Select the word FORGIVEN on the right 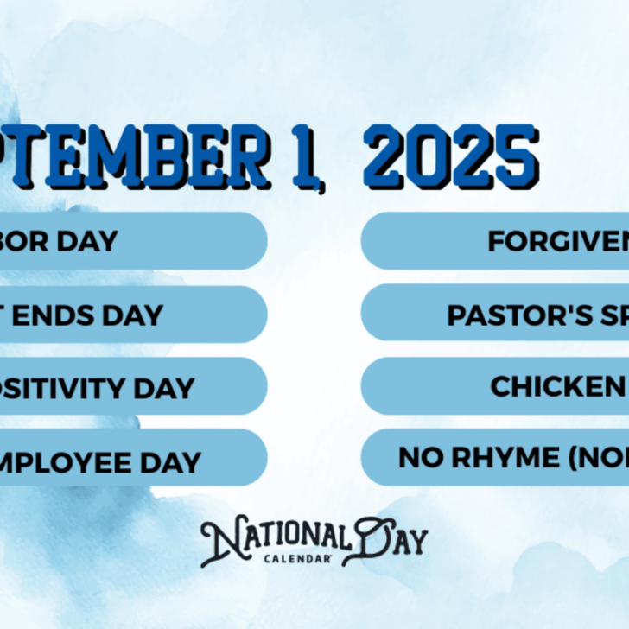[x=557, y=242]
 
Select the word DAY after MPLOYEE [x=171, y=461]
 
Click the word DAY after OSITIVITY [x=164, y=388]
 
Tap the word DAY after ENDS [x=132, y=314]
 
